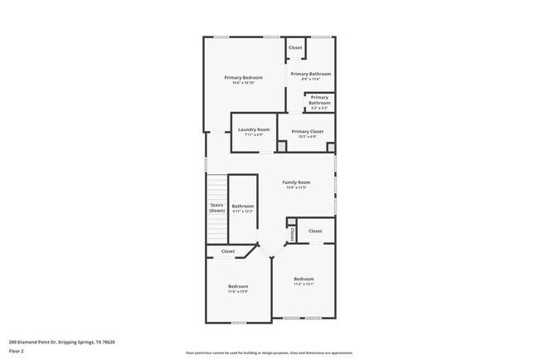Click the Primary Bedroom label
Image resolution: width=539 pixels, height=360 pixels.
tap(244, 78)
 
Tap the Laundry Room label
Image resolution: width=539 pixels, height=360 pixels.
tap(254, 129)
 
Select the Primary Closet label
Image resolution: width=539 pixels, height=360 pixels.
tap(307, 131)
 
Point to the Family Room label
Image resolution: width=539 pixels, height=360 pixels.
tap(296, 182)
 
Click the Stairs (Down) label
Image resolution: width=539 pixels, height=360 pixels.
tap(216, 207)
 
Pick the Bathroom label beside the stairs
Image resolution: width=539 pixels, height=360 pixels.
tap(243, 206)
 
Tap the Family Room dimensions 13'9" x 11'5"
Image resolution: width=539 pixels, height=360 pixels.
tap(296, 187)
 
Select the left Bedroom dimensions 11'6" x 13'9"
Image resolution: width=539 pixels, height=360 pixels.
tap(238, 292)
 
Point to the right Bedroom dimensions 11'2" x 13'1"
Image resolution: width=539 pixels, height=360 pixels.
tap(303, 285)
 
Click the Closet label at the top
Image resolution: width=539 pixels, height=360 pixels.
tap(295, 48)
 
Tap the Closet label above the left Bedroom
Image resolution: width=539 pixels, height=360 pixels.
tap(228, 251)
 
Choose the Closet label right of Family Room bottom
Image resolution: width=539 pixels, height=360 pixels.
tap(315, 231)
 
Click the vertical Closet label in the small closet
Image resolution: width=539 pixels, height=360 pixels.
tap(293, 233)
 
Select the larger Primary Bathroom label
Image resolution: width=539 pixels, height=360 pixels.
tap(311, 74)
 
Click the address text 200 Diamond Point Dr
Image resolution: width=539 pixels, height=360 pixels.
tap(62, 342)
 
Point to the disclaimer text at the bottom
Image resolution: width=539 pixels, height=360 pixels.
tap(269, 353)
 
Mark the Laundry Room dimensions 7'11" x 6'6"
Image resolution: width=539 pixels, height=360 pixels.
tap(254, 134)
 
